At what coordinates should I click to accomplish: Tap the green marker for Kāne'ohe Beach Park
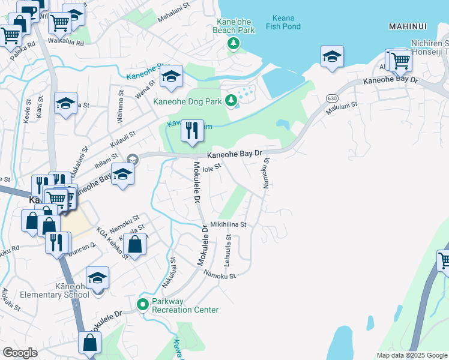233,43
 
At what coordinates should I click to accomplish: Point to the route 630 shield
331,98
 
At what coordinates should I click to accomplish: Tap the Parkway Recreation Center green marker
143,304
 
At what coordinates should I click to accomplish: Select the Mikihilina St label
228,224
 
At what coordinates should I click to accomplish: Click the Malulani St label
342,108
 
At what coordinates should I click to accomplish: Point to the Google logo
20,352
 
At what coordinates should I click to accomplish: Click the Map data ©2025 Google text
411,355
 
